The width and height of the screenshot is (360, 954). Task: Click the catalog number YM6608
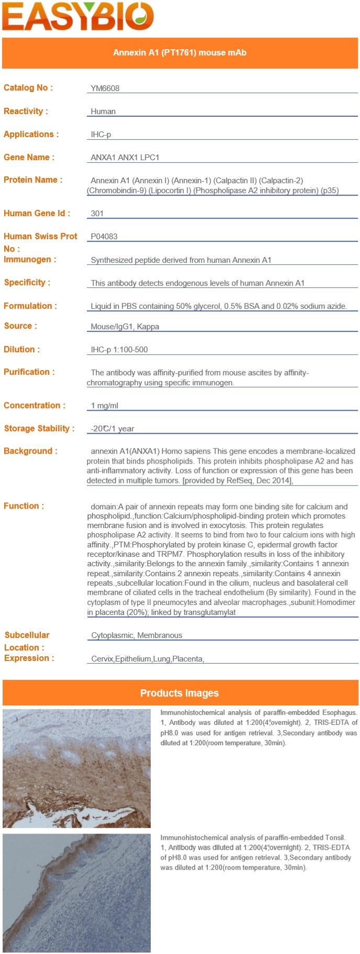pos(105,88)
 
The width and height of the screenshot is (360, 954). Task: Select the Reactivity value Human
pos(103,111)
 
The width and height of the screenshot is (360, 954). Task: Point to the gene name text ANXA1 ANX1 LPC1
pos(125,158)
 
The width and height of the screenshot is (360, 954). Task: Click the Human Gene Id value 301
pos(97,214)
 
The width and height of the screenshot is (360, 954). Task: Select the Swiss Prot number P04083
pos(104,237)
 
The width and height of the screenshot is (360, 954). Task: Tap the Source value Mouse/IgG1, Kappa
pos(125,327)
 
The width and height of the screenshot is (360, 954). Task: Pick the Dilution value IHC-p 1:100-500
pos(119,350)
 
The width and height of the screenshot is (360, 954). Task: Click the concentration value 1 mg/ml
pos(105,406)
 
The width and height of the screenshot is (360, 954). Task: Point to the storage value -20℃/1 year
pos(113,429)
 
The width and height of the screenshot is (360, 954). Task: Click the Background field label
pos(30,451)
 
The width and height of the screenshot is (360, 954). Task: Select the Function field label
pos(24,506)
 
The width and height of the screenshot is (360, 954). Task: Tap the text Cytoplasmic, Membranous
pos(137,635)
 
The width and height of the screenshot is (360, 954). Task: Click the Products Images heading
pos(179,693)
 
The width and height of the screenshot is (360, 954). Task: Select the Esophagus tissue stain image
pos(76,768)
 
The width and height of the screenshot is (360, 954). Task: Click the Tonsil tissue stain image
pos(76,893)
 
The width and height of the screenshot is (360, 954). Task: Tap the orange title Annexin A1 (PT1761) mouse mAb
pos(179,53)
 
